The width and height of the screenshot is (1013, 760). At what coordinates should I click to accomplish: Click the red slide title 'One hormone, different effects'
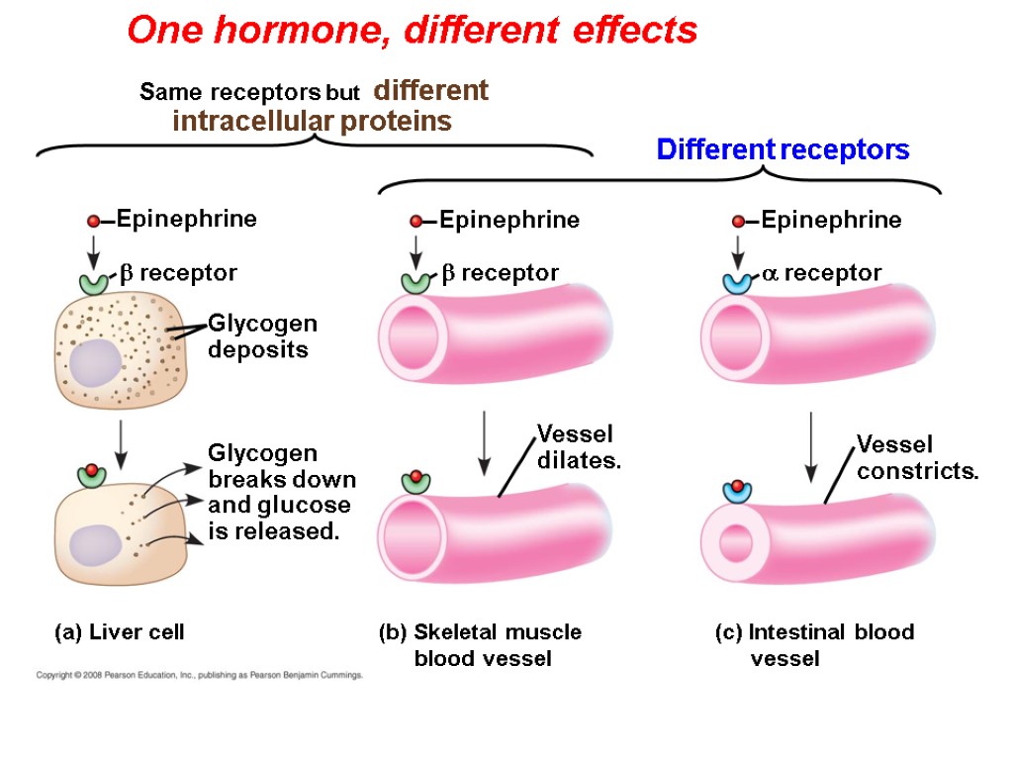(x=412, y=32)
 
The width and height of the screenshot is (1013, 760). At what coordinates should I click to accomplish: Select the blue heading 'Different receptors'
(x=783, y=150)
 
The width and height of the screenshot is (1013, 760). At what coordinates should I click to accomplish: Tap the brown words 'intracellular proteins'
(x=312, y=122)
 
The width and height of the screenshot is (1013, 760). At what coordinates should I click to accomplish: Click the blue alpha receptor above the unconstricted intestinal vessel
(x=738, y=281)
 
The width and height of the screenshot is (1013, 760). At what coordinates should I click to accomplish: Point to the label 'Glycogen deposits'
(x=262, y=336)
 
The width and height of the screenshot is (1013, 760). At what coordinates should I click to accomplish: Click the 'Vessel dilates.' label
(x=578, y=446)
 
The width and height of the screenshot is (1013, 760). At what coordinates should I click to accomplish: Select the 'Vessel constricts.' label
(x=916, y=457)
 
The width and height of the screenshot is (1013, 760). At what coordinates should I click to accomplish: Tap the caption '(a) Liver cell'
(x=119, y=631)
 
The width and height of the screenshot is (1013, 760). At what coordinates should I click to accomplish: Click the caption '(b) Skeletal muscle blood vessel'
(x=481, y=644)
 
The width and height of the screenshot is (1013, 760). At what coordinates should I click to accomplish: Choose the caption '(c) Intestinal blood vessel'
(x=814, y=644)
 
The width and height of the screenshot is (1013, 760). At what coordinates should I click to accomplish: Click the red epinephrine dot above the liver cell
(x=93, y=221)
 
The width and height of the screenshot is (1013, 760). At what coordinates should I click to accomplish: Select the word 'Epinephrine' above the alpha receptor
(x=831, y=220)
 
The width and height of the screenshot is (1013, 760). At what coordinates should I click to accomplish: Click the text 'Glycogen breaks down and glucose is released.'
(x=281, y=493)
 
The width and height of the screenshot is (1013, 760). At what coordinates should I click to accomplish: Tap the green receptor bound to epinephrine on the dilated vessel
(x=415, y=483)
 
